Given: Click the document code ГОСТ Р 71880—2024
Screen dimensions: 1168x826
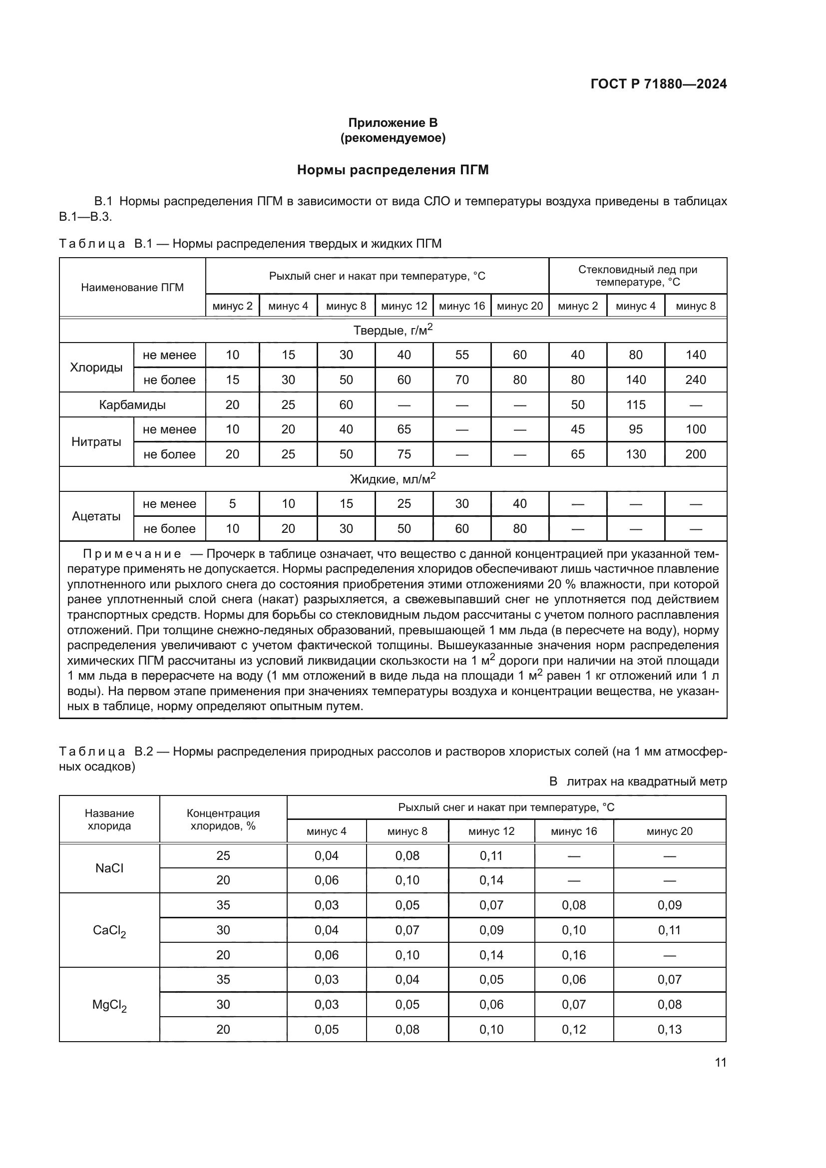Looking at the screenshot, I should tap(658, 84).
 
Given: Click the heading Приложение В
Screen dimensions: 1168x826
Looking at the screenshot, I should tap(393, 123).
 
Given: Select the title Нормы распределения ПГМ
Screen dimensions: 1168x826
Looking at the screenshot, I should tap(393, 170).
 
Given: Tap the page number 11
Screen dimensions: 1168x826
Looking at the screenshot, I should tap(720, 1062).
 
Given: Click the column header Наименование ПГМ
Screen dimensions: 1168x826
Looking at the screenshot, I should tap(132, 288).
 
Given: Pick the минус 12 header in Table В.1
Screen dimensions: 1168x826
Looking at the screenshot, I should tap(404, 306).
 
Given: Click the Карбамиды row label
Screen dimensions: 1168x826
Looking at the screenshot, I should tap(132, 405).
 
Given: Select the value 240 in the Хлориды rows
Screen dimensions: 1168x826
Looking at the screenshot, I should tap(695, 380).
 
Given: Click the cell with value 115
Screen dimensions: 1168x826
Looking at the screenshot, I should tap(635, 405).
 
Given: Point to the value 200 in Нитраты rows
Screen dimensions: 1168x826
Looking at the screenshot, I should tap(695, 454).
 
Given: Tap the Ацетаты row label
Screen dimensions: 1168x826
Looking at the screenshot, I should tap(96, 516).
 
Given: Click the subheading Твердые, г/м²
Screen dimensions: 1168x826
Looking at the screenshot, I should tap(393, 331).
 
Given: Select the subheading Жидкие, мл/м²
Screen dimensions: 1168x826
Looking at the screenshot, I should tap(393, 479).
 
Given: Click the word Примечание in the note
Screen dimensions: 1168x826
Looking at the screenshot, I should tap(132, 554).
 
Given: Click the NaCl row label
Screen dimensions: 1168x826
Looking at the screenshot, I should tap(109, 868).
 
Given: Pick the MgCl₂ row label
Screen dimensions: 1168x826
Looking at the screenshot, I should tap(109, 1005).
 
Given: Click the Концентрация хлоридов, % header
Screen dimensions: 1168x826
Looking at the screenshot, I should tap(223, 819).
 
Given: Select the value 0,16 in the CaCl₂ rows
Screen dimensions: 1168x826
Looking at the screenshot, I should tap(574, 955).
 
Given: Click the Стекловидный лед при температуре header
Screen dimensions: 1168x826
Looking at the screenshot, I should tap(637, 276).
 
